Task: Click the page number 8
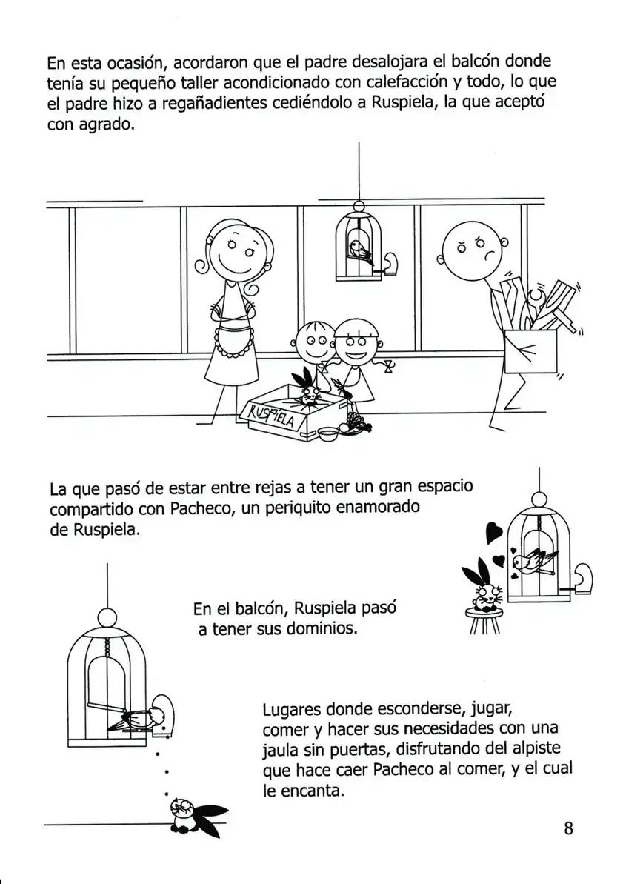pos(568,828)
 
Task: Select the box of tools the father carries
pos(530,353)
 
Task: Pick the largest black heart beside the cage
pos(494,531)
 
